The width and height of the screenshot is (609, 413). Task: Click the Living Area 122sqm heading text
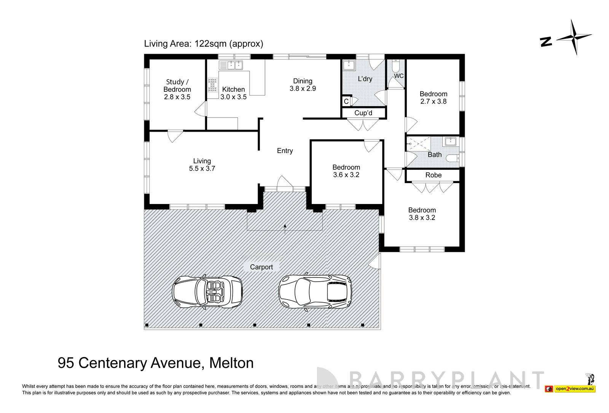203,44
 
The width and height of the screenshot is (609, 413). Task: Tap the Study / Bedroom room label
177,89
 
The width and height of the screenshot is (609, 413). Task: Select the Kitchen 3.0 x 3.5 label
233,93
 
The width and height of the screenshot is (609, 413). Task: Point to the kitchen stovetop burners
212,85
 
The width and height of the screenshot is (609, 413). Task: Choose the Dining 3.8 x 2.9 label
303,85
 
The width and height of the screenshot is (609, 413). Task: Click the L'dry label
365,79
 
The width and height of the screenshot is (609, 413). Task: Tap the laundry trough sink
348,65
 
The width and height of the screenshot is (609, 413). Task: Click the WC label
399,76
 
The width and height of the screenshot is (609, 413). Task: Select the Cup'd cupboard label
363,113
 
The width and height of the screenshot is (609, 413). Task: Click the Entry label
285,151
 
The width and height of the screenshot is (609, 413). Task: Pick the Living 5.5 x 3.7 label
202,164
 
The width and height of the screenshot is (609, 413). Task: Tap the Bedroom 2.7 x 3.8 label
433,97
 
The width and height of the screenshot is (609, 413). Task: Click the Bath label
434,155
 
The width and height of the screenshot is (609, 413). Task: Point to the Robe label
433,175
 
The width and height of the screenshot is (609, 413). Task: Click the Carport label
261,267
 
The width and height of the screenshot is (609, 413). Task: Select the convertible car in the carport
207,292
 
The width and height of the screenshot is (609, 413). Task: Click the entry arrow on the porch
285,227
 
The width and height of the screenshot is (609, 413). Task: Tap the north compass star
574,37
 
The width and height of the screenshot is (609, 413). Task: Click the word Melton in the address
231,363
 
